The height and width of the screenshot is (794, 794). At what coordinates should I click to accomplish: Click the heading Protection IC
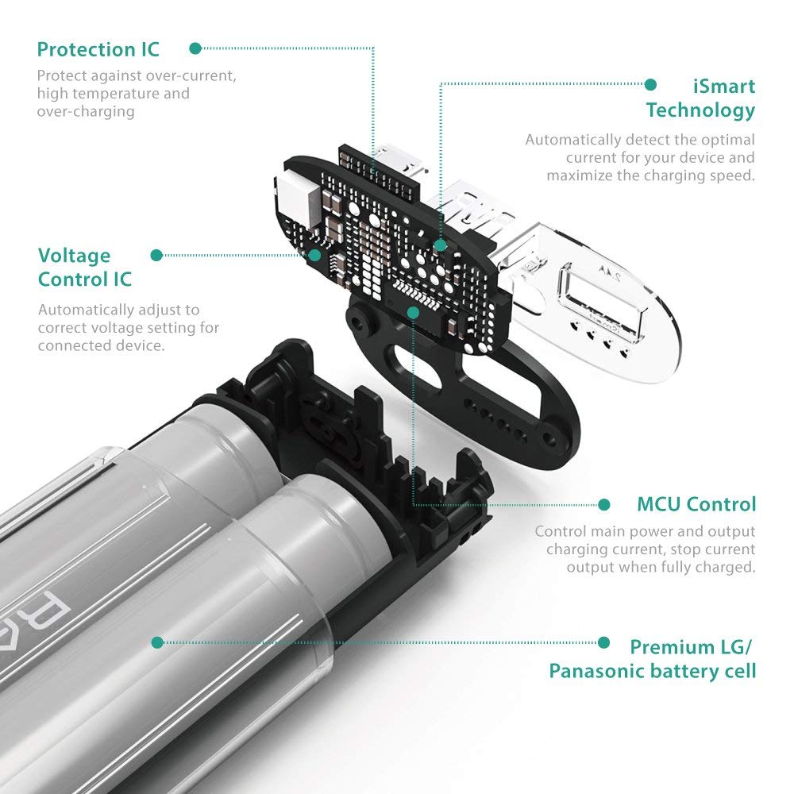pyautogui.click(x=98, y=49)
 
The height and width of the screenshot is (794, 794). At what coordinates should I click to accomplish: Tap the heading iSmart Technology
pyautogui.click(x=700, y=98)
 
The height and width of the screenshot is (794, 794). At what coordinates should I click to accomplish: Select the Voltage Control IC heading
pyautogui.click(x=85, y=268)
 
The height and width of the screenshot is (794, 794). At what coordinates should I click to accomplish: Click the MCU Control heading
pyautogui.click(x=696, y=504)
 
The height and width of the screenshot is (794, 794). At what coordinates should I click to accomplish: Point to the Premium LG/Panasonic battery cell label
pyautogui.click(x=653, y=659)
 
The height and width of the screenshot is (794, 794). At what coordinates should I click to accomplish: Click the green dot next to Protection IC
pyautogui.click(x=195, y=48)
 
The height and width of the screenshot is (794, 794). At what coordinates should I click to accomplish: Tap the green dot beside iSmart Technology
pyautogui.click(x=651, y=84)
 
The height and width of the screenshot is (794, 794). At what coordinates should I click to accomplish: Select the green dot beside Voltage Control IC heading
pyautogui.click(x=156, y=255)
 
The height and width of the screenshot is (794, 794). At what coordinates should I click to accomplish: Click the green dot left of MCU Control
pyautogui.click(x=604, y=504)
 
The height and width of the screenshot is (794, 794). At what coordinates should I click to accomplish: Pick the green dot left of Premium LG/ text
pyautogui.click(x=604, y=643)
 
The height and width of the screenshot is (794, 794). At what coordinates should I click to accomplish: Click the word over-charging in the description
pyautogui.click(x=86, y=111)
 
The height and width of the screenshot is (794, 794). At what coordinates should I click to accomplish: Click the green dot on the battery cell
pyautogui.click(x=158, y=642)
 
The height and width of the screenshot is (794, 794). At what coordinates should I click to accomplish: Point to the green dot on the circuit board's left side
pyautogui.click(x=316, y=255)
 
